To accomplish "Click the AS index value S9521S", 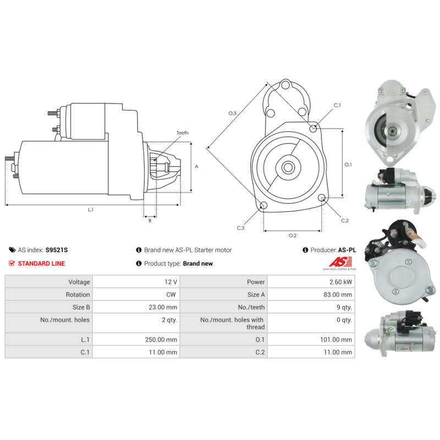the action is (x=57, y=250).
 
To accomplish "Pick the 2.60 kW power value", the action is (x=340, y=282).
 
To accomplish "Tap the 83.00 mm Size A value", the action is (x=338, y=295).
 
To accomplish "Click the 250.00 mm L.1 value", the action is (x=161, y=339).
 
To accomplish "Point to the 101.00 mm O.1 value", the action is (x=336, y=339).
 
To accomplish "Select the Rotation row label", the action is (x=78, y=295).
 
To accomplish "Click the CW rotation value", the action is (x=171, y=295).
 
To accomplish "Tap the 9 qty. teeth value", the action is (x=344, y=307).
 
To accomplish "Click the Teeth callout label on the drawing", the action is (x=183, y=133).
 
